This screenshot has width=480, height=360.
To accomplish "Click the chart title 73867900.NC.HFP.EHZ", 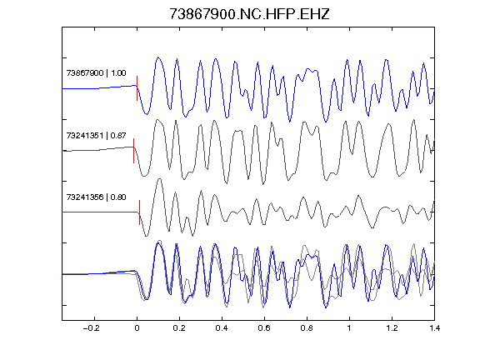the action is [x=249, y=14].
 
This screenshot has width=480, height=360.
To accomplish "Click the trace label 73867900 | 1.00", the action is [x=96, y=73].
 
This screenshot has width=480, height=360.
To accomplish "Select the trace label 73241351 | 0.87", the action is [x=96, y=135].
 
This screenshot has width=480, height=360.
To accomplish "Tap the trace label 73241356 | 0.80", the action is [x=96, y=197].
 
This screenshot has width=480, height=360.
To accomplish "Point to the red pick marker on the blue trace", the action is [x=137, y=88].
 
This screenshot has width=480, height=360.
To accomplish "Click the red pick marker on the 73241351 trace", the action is [x=134, y=151].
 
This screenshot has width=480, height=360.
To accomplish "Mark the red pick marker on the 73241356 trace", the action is [x=140, y=212].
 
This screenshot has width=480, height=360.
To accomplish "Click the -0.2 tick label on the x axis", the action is [x=92, y=328].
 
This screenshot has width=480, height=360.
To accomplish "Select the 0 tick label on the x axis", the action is [x=137, y=328].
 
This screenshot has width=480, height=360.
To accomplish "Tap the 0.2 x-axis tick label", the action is [x=179, y=328].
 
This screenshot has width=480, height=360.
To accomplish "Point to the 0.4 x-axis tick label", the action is [x=222, y=328].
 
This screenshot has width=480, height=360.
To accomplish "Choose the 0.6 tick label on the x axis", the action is [x=264, y=328].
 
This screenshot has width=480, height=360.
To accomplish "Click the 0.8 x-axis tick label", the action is [x=307, y=328].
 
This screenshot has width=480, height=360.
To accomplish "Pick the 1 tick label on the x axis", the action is [x=349, y=328].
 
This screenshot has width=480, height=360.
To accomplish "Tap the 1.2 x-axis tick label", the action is [x=392, y=328].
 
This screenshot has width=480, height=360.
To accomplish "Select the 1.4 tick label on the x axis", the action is [x=434, y=328].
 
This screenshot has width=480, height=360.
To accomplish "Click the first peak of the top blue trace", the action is [x=158, y=57].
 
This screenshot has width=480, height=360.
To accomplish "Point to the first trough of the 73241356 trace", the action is [x=147, y=236].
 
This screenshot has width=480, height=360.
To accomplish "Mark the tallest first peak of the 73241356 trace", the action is [x=159, y=179].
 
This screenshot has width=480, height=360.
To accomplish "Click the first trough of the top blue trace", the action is [x=147, y=114].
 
